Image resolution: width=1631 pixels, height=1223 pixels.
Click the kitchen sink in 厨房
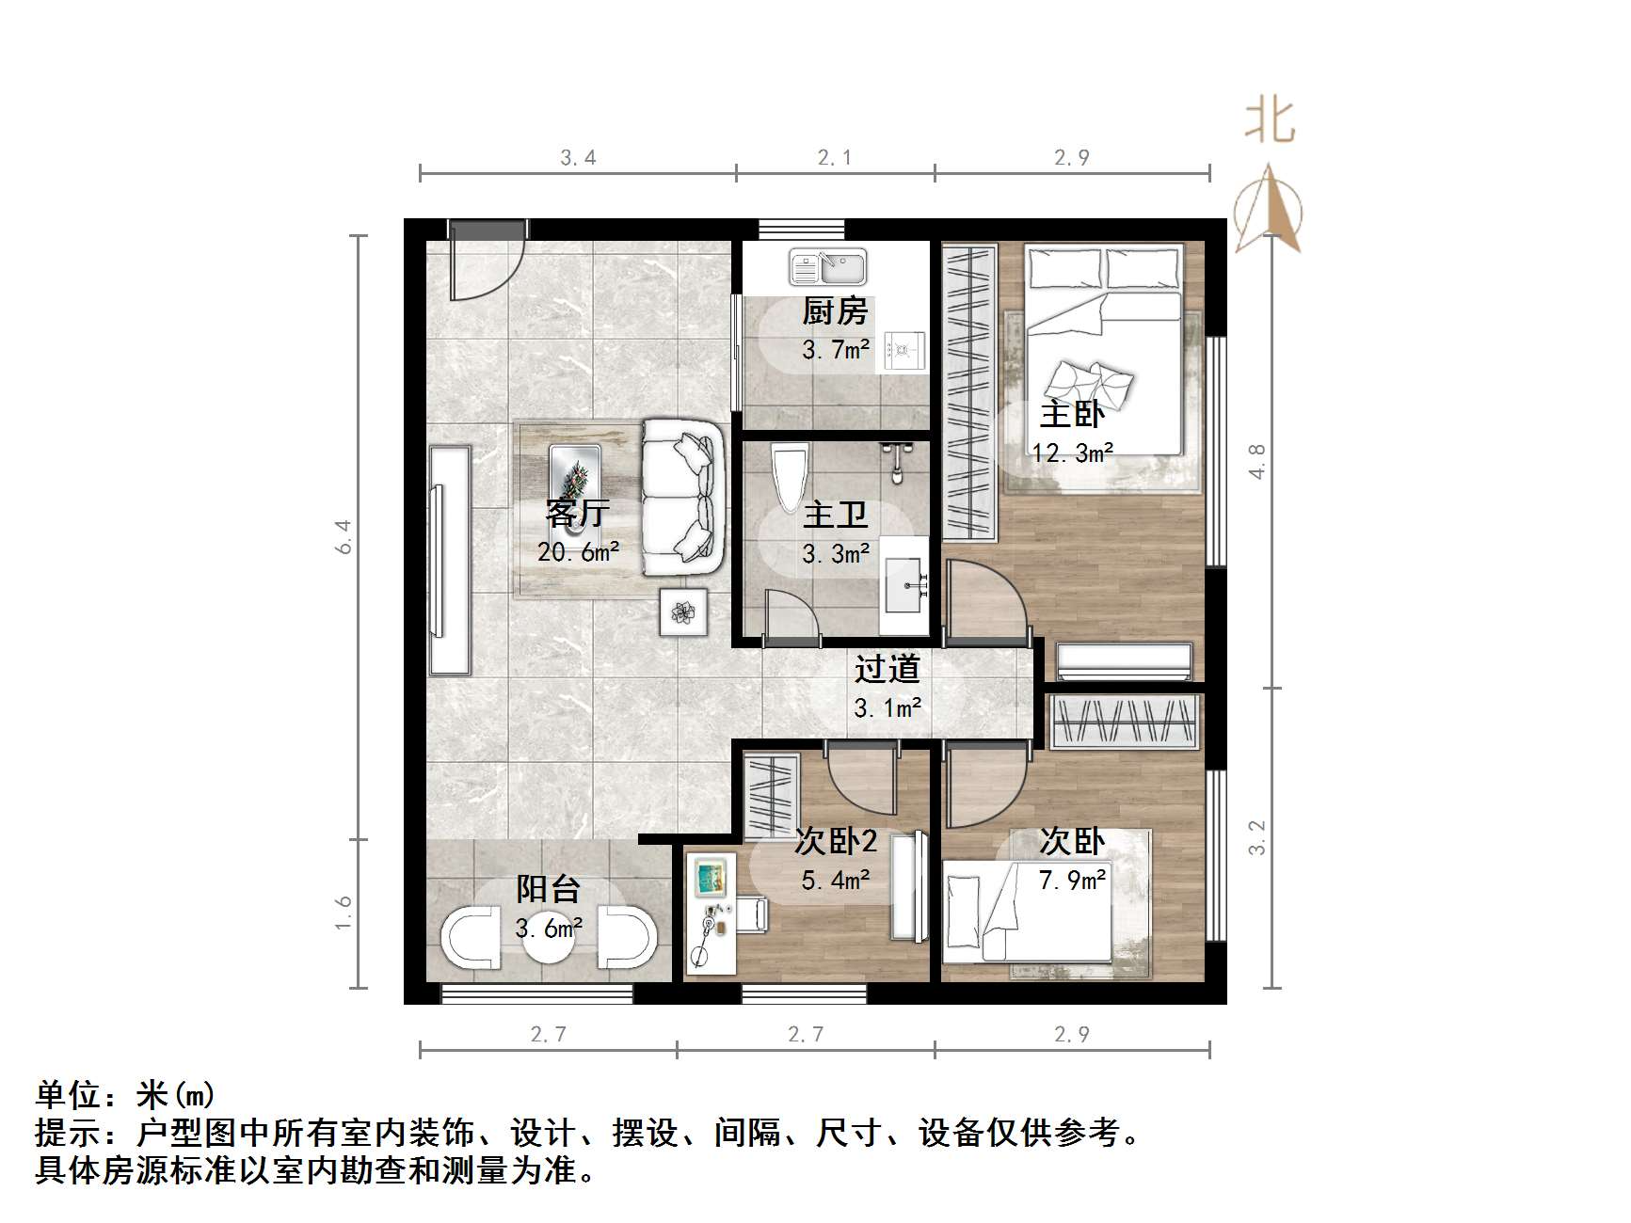tap(827, 267)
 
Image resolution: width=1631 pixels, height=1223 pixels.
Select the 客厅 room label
tap(578, 514)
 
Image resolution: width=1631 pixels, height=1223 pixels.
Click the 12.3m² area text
tap(1072, 453)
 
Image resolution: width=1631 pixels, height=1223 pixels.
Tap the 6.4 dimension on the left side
tap(344, 537)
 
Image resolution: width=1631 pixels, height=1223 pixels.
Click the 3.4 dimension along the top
tap(578, 158)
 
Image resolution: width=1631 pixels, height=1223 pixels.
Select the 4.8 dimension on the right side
tap(1257, 462)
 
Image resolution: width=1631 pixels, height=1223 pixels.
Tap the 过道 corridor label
tap(887, 670)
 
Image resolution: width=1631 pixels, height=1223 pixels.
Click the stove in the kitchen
tap(904, 352)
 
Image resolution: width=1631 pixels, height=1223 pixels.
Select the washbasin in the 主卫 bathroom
tap(906, 583)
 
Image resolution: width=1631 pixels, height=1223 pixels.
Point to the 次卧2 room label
tap(835, 841)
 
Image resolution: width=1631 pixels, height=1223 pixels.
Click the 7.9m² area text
tap(1072, 881)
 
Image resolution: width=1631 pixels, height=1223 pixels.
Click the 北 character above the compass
tap(1271, 123)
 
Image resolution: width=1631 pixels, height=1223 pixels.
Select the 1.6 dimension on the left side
tap(344, 913)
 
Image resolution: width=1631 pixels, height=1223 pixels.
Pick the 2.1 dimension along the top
tap(835, 158)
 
